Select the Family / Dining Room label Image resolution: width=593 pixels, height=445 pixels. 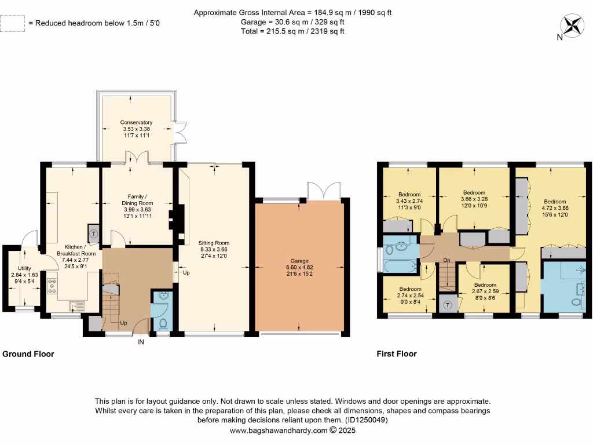(137, 206)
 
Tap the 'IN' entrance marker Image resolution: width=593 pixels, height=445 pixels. (140, 342)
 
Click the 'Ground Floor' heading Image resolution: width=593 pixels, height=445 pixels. (28, 353)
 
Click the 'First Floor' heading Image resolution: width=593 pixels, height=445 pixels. (397, 353)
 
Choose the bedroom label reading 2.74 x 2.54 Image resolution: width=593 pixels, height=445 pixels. (409, 294)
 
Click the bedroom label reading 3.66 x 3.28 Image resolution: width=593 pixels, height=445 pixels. (474, 199)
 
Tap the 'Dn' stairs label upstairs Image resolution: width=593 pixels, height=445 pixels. (447, 260)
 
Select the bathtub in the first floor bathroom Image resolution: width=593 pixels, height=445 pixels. (400, 267)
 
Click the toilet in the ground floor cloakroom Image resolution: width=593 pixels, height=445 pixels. (163, 323)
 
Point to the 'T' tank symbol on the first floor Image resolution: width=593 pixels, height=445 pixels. (448, 305)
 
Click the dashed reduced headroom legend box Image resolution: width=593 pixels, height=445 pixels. (13, 23)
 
